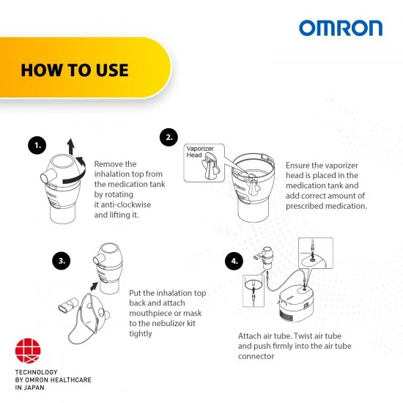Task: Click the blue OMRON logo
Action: (x=341, y=28)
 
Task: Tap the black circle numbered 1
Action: (x=37, y=145)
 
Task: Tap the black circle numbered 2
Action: (x=169, y=137)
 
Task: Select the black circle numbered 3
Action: (x=62, y=261)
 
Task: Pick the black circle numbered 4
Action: (x=234, y=261)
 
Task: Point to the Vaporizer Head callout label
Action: (x=200, y=152)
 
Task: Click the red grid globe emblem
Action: (x=28, y=351)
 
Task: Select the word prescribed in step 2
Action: (x=303, y=206)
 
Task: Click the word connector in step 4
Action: (x=256, y=356)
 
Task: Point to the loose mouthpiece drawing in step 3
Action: (x=68, y=305)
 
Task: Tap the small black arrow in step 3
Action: (x=94, y=286)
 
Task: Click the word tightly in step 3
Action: (x=141, y=333)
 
